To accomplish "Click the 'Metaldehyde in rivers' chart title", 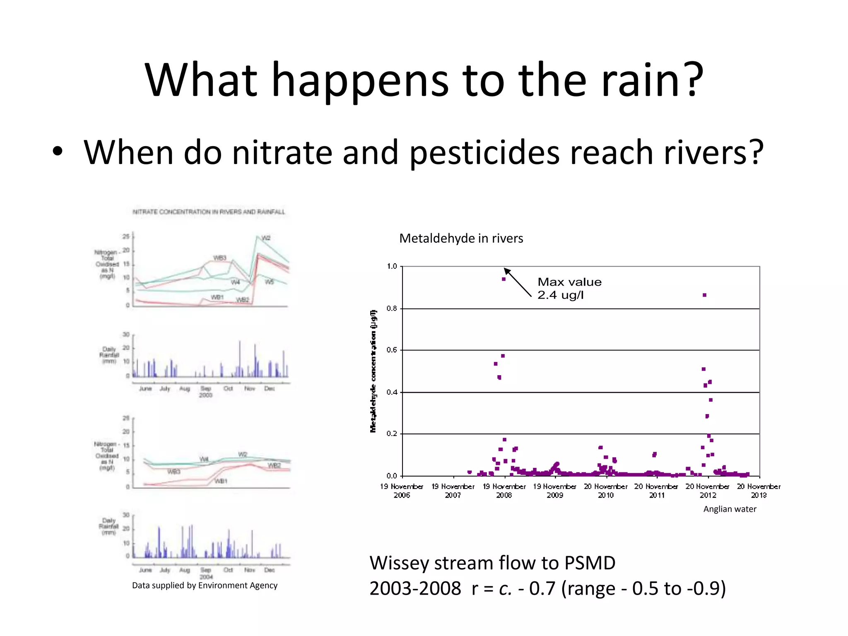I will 461,238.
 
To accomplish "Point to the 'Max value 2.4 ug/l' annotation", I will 569,289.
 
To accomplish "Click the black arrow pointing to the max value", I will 517,282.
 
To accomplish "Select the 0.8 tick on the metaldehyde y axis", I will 391,308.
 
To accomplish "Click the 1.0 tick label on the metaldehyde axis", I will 391,266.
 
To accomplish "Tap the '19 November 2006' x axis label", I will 402,491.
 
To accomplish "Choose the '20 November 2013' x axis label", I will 759,491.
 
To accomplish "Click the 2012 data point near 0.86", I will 704,295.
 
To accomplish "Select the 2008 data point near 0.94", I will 503,279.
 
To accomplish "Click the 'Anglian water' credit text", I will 730,509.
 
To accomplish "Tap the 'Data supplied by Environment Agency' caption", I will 205,585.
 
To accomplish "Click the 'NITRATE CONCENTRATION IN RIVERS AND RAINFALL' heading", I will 209,212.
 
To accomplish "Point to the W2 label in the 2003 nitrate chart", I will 266,238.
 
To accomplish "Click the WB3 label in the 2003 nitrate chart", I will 219,258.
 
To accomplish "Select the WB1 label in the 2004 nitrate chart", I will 221,481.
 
